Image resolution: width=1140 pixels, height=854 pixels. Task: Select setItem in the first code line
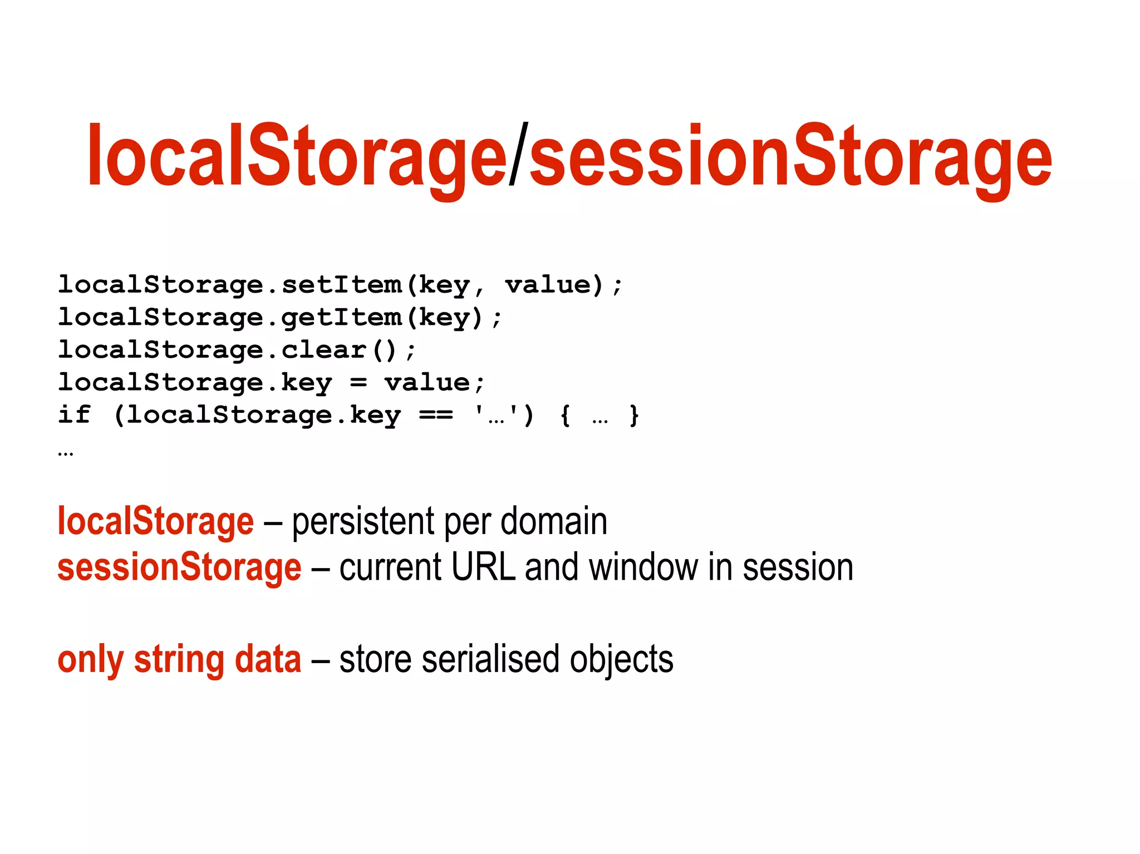tap(341, 285)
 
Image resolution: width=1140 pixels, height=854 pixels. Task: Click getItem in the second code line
tap(341, 318)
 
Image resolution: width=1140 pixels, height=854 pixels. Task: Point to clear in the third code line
tap(323, 350)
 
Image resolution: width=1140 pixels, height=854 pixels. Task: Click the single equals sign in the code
tap(358, 383)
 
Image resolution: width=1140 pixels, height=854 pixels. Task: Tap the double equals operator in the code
tap(436, 415)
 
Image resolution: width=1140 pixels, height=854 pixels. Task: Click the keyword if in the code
tap(74, 414)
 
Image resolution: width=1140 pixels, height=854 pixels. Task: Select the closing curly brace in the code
tap(634, 416)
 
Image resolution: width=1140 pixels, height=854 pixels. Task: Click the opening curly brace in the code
tap(565, 416)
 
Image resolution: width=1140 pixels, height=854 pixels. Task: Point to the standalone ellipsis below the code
tap(66, 453)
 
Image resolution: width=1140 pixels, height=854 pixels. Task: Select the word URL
tap(483, 567)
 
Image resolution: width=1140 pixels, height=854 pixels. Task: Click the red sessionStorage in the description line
tap(179, 567)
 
